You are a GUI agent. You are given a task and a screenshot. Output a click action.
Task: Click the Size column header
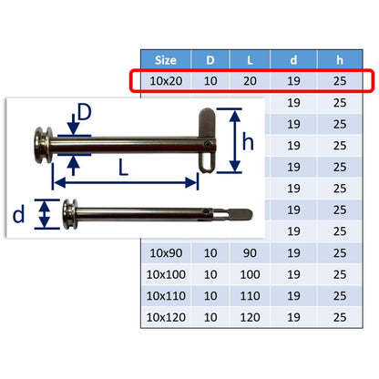click(x=166, y=60)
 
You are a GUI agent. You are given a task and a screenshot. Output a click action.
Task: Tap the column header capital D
click(x=210, y=60)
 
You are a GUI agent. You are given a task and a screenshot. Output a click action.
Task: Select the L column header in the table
click(x=250, y=60)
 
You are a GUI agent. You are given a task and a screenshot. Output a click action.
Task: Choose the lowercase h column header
click(x=340, y=60)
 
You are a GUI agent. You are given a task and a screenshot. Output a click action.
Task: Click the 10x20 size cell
click(x=166, y=81)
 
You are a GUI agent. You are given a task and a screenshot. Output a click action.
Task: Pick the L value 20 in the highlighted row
click(x=250, y=81)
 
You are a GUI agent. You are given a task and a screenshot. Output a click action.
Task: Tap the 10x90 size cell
click(x=166, y=253)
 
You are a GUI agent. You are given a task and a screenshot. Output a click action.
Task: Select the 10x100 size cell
click(x=166, y=274)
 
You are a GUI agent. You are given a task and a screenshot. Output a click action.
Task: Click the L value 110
click(x=250, y=296)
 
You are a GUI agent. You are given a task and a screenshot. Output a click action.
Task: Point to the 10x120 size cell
click(x=166, y=317)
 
